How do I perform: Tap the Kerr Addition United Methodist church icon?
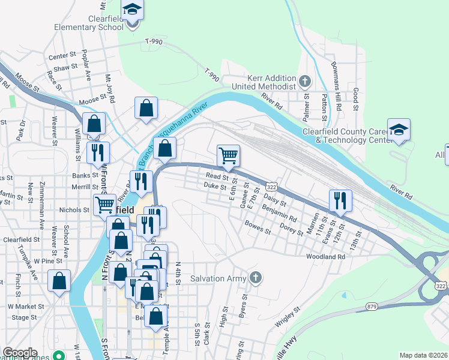(305, 81)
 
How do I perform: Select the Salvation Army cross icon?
(256, 277)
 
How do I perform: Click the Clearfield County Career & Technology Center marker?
(399, 130)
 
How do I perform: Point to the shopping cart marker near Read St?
(228, 156)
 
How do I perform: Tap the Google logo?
(20, 353)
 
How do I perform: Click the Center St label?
(61, 56)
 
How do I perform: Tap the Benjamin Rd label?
(279, 212)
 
